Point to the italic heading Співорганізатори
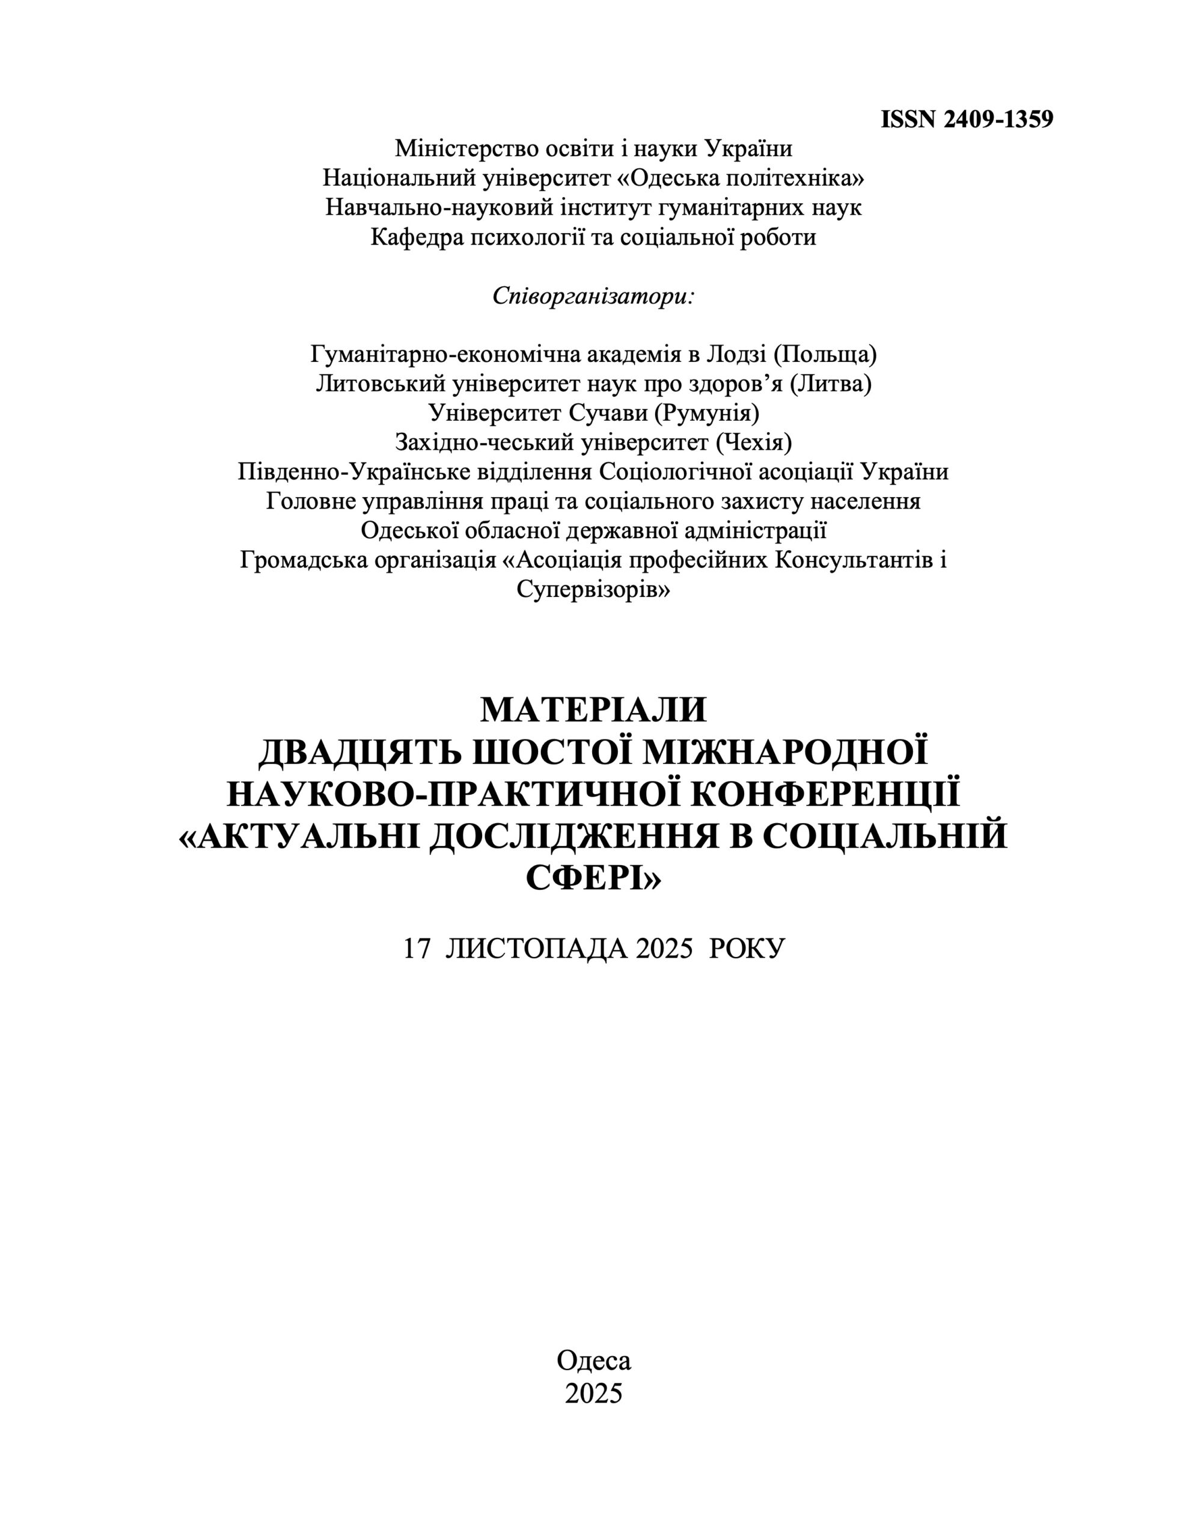(x=593, y=295)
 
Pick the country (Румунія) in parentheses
(x=707, y=413)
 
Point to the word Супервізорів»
(x=593, y=590)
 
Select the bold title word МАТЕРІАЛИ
(x=593, y=711)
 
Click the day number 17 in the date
(x=417, y=949)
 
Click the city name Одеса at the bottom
(x=593, y=1360)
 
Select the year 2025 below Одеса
(x=593, y=1393)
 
